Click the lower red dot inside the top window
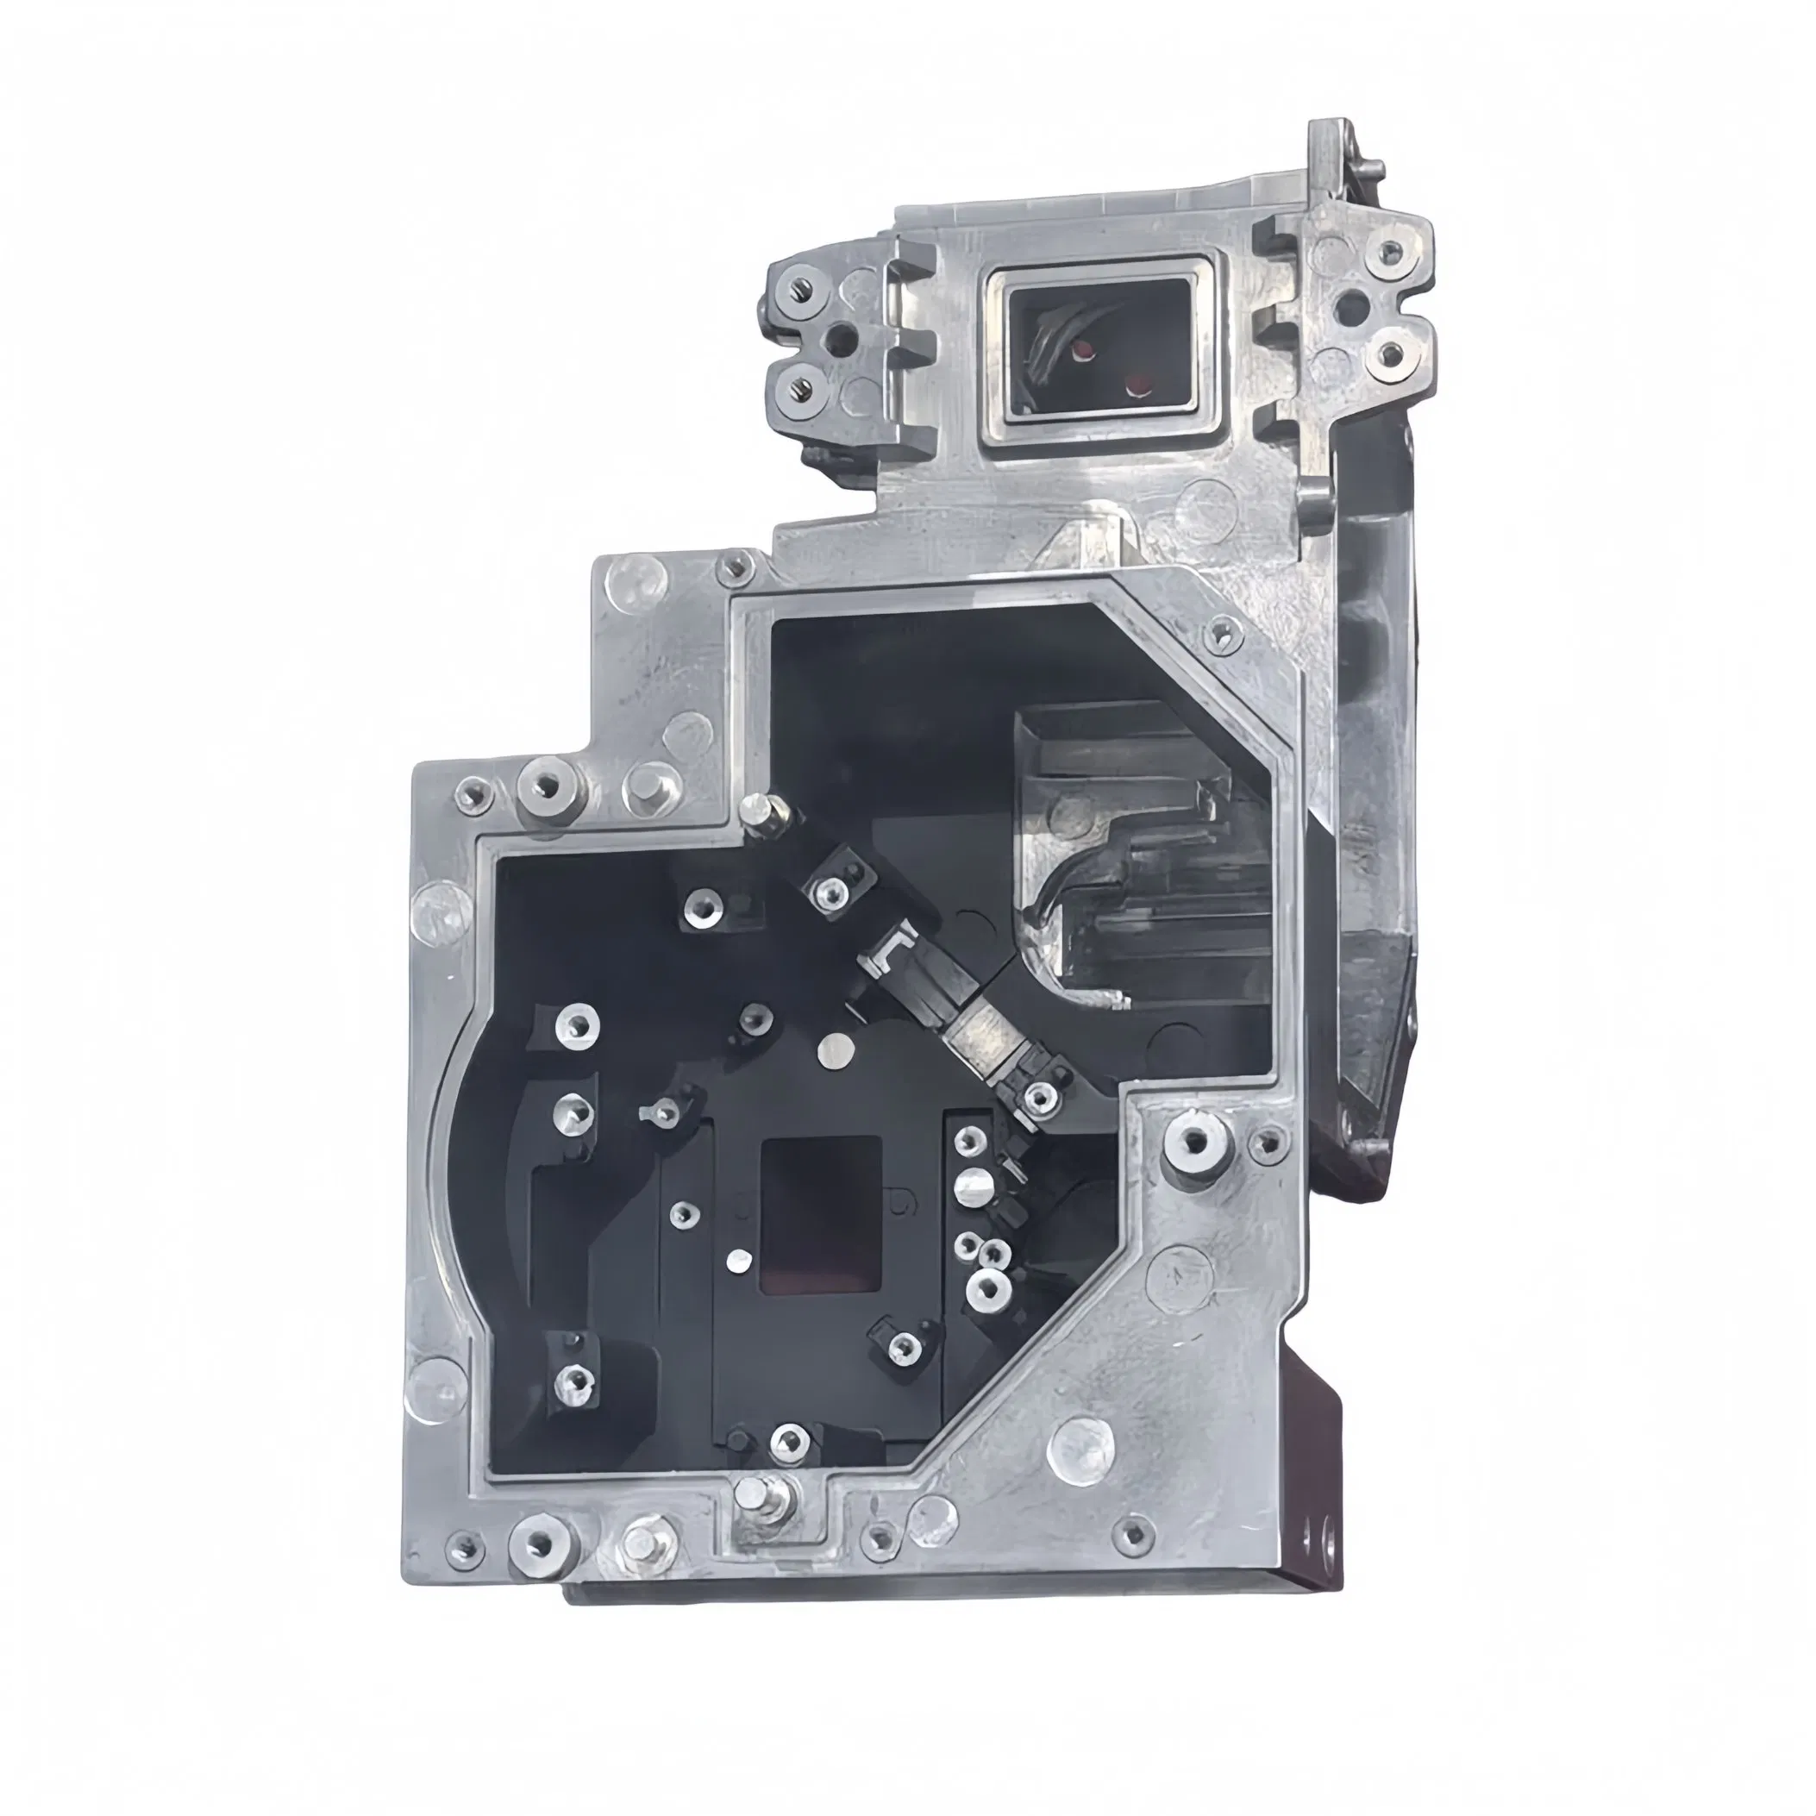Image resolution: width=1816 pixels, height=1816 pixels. coord(1139,384)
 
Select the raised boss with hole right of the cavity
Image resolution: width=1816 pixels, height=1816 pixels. coord(1196,1142)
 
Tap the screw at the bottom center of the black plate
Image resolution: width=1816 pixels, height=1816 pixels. coord(787,1462)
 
